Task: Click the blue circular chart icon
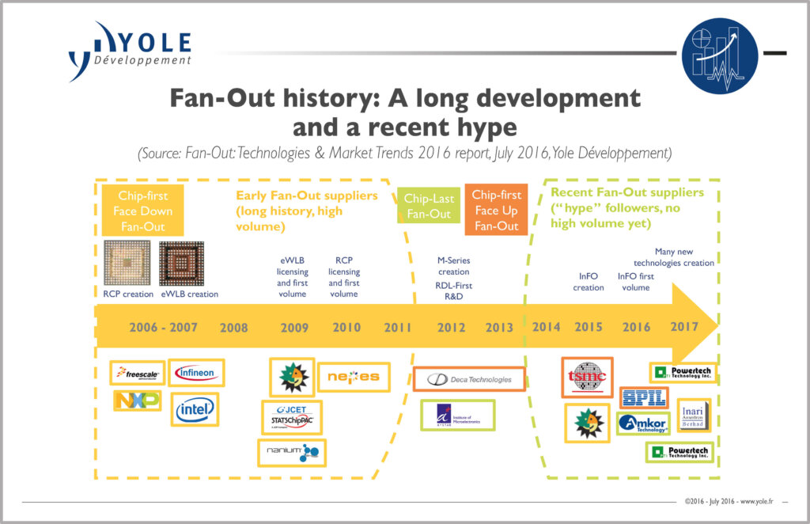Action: pyautogui.click(x=720, y=56)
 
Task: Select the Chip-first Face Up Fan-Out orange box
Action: pyautogui.click(x=497, y=210)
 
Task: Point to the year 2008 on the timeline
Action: pyautogui.click(x=233, y=327)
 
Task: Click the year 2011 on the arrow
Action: pyautogui.click(x=397, y=327)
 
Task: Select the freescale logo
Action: pyautogui.click(x=138, y=373)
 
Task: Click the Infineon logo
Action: pyautogui.click(x=196, y=372)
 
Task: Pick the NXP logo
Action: pyautogui.click(x=136, y=401)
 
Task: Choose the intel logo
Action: pyautogui.click(x=195, y=409)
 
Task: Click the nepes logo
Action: pyautogui.click(x=353, y=377)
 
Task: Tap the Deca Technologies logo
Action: pyautogui.click(x=468, y=379)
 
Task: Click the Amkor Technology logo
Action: pyautogui.click(x=643, y=423)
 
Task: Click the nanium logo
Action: pyautogui.click(x=292, y=451)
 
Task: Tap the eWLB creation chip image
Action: pyautogui.click(x=181, y=264)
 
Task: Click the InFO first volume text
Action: pyautogui.click(x=635, y=283)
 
